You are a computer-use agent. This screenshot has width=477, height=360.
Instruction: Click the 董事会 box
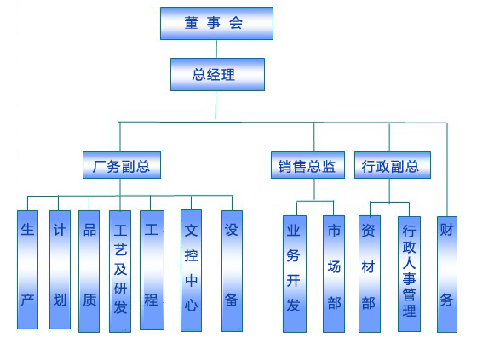(216, 24)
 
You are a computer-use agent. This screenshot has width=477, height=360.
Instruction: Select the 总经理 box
(217, 75)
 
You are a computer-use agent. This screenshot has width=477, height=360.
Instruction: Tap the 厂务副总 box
(122, 165)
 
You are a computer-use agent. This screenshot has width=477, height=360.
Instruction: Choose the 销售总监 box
(307, 165)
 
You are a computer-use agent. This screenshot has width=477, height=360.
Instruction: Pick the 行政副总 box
(393, 165)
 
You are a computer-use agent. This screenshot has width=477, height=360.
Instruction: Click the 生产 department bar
(27, 270)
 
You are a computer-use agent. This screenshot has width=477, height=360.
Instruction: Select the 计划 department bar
(60, 270)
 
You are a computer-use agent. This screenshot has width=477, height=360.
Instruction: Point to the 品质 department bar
(89, 271)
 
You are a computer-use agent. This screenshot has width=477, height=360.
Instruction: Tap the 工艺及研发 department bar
(120, 271)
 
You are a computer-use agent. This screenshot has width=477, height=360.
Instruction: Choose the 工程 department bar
(152, 270)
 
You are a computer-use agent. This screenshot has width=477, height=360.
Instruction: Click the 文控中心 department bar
(191, 271)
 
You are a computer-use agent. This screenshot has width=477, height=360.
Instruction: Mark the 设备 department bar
(232, 271)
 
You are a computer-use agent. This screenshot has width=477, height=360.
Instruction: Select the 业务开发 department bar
(295, 274)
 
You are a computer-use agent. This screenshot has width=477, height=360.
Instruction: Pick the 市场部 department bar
(334, 274)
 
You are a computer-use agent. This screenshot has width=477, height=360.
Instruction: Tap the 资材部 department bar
(370, 274)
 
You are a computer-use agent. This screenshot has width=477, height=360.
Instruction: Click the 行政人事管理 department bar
(409, 274)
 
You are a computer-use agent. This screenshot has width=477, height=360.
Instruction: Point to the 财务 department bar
(447, 274)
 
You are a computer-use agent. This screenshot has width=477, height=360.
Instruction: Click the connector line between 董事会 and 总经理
(216, 49)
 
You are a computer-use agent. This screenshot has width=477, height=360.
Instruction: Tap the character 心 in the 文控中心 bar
(191, 305)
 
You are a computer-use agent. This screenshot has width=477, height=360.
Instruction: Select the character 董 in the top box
(191, 23)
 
